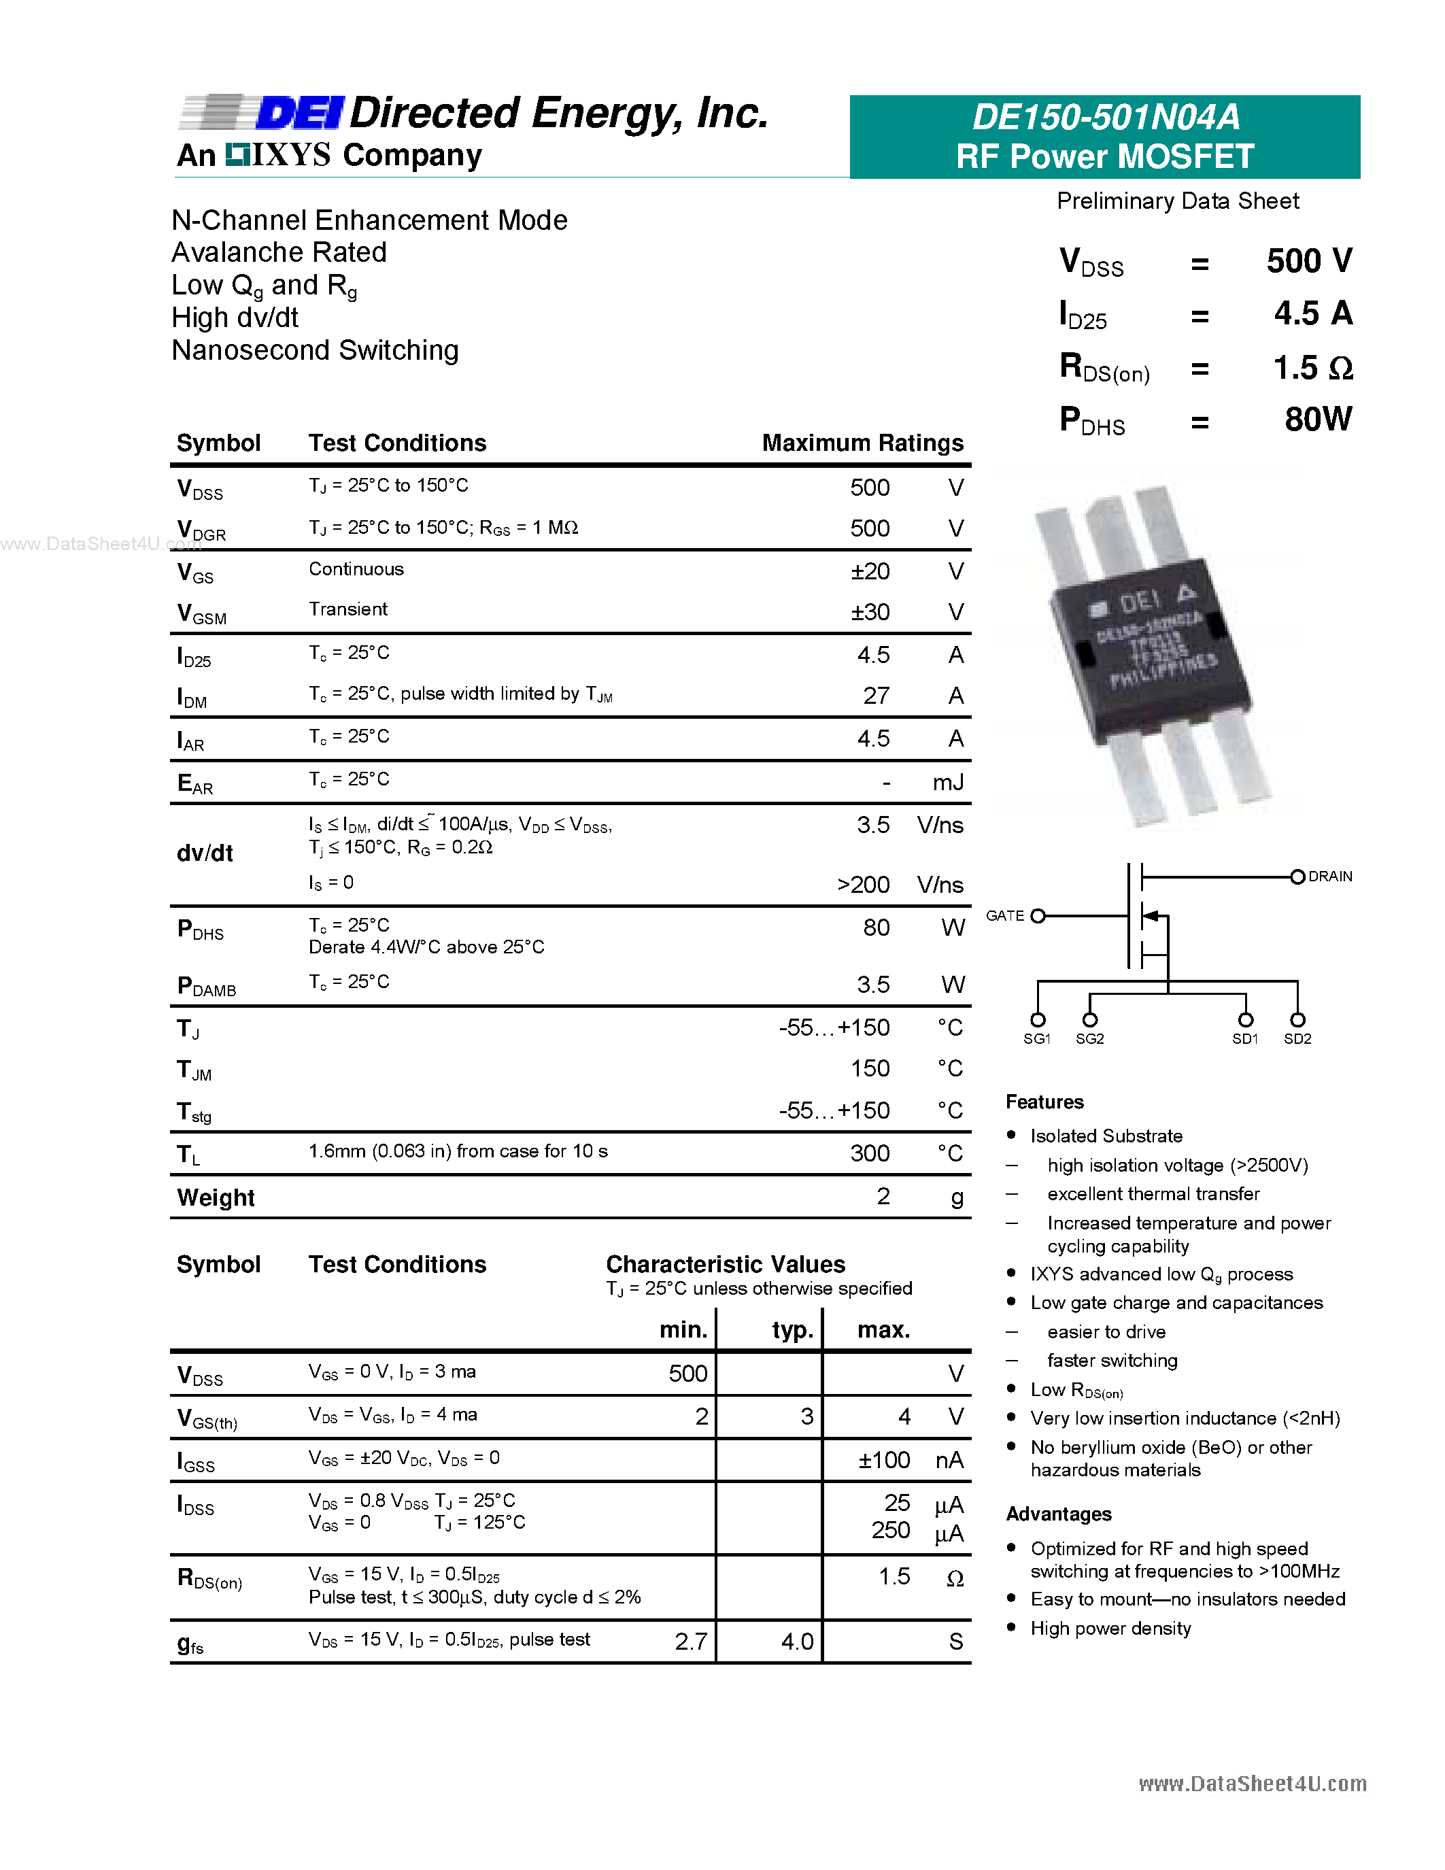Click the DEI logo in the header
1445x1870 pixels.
(x=300, y=113)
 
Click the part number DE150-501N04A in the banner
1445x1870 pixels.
(x=1105, y=118)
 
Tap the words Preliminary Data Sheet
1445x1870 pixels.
(x=1177, y=201)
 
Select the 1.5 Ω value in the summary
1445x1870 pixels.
(x=1312, y=368)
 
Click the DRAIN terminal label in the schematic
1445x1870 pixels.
(x=1329, y=877)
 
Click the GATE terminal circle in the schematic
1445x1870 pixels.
(x=1038, y=916)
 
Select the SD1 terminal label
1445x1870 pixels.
(x=1244, y=1038)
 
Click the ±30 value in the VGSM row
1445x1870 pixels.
(x=870, y=612)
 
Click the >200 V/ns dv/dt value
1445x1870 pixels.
(x=863, y=885)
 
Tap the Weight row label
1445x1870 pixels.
(x=216, y=1198)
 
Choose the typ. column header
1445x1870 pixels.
(x=792, y=1329)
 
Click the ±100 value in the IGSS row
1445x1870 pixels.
(x=883, y=1460)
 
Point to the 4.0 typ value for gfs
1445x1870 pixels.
(x=796, y=1642)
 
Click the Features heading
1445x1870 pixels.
(x=1044, y=1102)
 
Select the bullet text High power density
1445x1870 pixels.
(x=1110, y=1629)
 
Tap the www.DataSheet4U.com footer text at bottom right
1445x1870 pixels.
(x=1251, y=1784)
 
